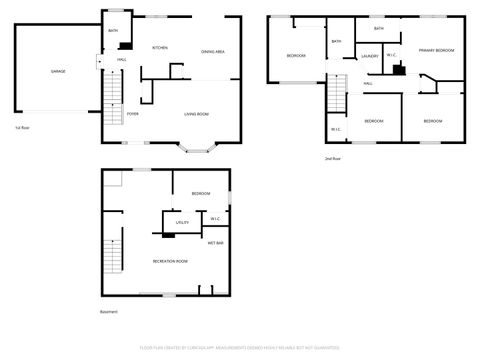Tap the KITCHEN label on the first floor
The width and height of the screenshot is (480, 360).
click(x=159, y=48)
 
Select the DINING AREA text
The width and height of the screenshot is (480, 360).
click(x=212, y=51)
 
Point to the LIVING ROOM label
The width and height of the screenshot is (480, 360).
click(x=196, y=115)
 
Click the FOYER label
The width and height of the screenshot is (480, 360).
click(x=132, y=115)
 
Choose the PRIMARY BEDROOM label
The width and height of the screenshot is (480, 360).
click(x=437, y=49)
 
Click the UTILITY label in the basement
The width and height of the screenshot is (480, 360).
click(x=182, y=222)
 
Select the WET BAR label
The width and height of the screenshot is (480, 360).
click(x=215, y=243)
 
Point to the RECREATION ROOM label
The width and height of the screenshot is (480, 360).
click(x=170, y=261)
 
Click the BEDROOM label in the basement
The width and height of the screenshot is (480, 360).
click(x=201, y=193)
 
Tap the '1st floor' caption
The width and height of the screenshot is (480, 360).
click(x=22, y=128)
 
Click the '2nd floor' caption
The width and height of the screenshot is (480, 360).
click(x=332, y=159)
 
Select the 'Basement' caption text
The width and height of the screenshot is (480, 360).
click(x=109, y=312)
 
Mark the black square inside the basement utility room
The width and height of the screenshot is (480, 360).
click(x=168, y=233)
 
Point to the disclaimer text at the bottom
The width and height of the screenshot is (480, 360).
click(x=240, y=347)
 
